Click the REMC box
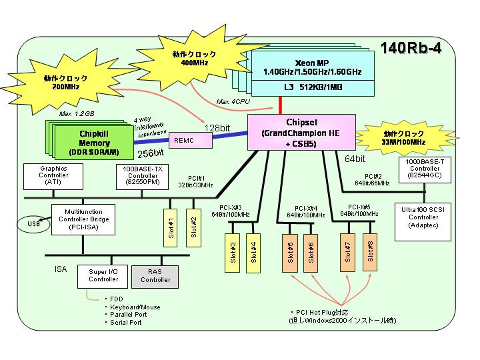click(x=191, y=141)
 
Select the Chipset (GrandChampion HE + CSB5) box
click(x=301, y=132)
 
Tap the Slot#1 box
click(x=171, y=228)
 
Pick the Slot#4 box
click(x=253, y=253)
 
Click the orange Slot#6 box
click(x=311, y=253)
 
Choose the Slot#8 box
click(x=370, y=252)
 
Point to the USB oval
click(x=33, y=225)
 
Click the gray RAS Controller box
click(x=155, y=277)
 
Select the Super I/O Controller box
click(x=103, y=277)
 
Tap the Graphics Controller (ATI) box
click(x=53, y=176)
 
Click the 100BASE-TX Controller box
click(x=143, y=177)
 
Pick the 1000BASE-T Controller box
click(x=425, y=170)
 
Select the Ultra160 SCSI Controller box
click(x=423, y=221)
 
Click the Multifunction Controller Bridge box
click(x=83, y=219)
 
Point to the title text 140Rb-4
click(x=411, y=48)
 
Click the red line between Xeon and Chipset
click(x=280, y=105)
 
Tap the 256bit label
click(x=150, y=153)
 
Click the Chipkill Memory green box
click(x=94, y=143)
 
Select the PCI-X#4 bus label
click(x=306, y=211)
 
